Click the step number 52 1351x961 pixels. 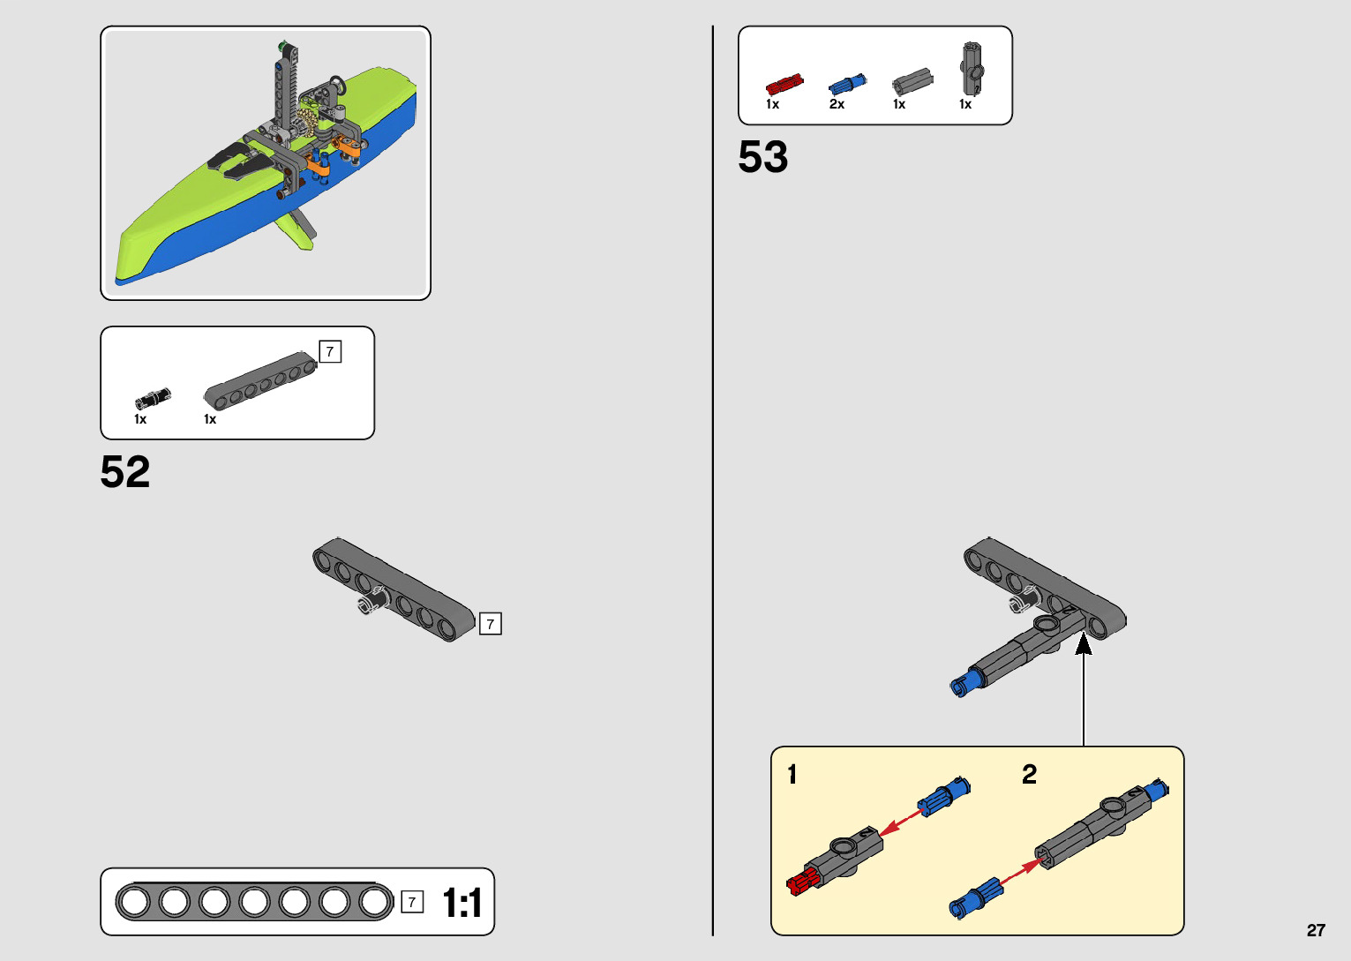(125, 472)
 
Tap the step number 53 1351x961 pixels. (762, 157)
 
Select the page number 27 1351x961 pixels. (1316, 930)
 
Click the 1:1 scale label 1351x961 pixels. (462, 903)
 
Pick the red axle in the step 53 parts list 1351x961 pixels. (784, 85)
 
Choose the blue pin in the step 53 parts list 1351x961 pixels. (847, 85)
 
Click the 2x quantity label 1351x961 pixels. (837, 104)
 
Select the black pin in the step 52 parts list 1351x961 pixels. (153, 397)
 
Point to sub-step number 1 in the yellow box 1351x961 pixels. (792, 775)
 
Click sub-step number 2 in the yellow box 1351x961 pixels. (1029, 775)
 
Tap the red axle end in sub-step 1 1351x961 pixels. (801, 881)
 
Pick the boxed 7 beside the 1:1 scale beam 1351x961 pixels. (412, 902)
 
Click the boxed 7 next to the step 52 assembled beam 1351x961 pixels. (490, 624)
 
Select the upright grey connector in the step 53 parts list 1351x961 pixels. (971, 68)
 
